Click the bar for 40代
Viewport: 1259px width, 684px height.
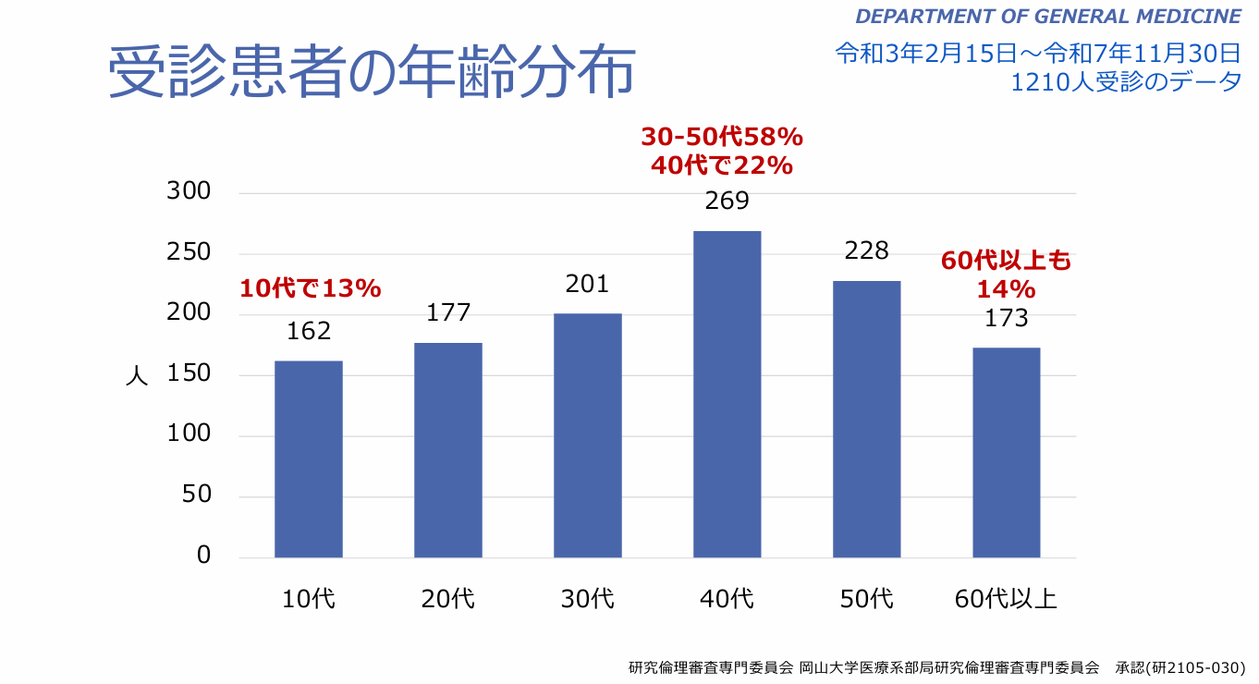click(x=727, y=395)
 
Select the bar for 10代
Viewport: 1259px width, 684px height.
click(x=309, y=459)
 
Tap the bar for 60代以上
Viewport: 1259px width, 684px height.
click(x=1006, y=453)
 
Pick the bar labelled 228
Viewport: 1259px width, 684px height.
click(x=866, y=420)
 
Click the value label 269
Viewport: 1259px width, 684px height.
click(x=727, y=201)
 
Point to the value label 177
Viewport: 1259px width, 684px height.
click(x=448, y=312)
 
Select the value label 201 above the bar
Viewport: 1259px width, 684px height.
click(x=588, y=284)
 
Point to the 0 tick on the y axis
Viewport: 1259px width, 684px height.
click(x=203, y=556)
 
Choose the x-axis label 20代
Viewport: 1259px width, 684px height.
click(x=448, y=599)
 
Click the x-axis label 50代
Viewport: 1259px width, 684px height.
click(x=866, y=599)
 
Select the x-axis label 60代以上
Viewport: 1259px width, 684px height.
click(x=1006, y=599)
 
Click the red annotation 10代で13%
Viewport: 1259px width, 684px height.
click(x=311, y=289)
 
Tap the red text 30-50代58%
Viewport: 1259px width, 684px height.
click(x=722, y=138)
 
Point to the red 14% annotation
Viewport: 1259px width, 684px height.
click(x=1006, y=290)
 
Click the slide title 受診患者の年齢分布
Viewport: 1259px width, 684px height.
click(x=372, y=72)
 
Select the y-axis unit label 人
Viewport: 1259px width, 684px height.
click(x=136, y=375)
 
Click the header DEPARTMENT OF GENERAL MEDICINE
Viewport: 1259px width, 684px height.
click(x=1047, y=17)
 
